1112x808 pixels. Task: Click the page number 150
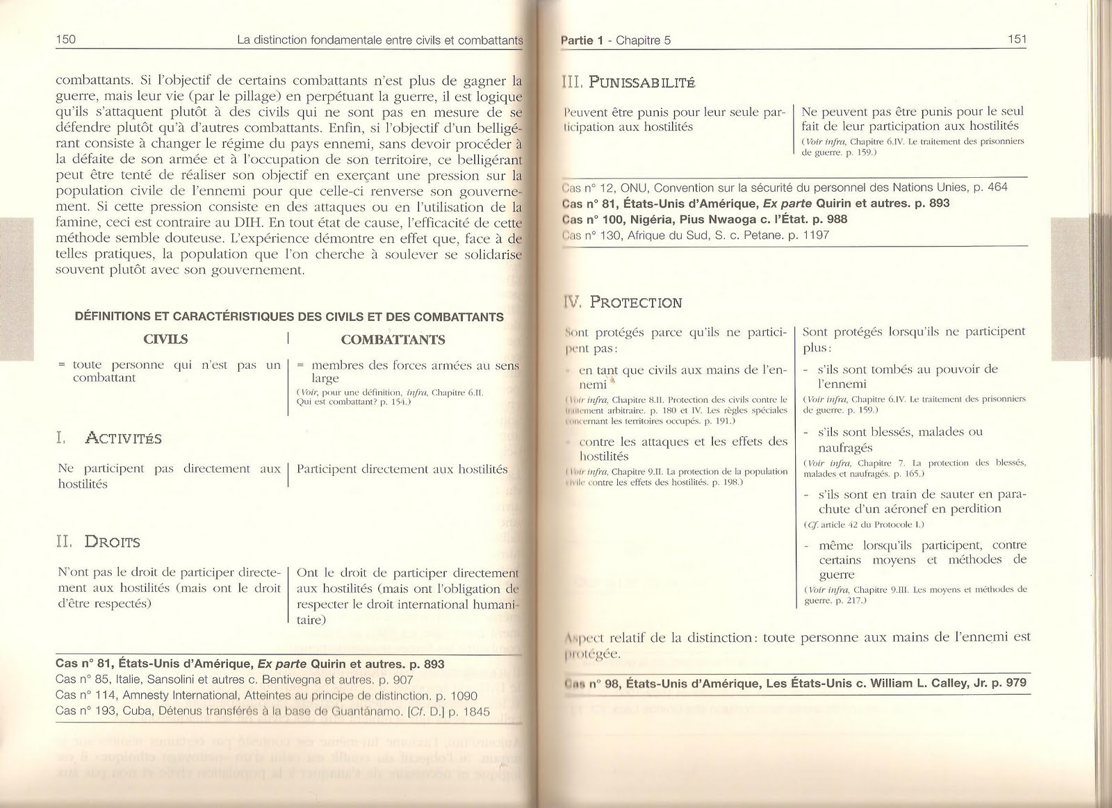coord(65,40)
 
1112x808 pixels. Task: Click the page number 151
coord(1017,40)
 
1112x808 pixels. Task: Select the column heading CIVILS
coord(165,340)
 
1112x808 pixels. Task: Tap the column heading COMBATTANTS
coord(393,340)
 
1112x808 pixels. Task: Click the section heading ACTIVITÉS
coord(123,438)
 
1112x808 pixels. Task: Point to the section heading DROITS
coord(112,542)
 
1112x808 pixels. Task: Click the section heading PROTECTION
coord(636,302)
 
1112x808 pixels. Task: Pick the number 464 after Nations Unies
coord(997,187)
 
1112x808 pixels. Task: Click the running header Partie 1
coord(582,40)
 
